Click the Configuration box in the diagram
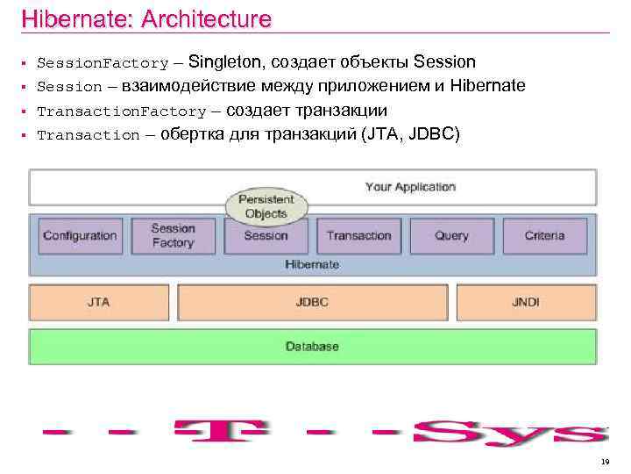pos(80,235)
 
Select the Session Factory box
pos(173,235)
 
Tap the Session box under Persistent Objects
pos(266,235)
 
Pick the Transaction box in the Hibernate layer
pos(358,235)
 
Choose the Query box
pos(451,235)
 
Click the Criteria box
pos(544,235)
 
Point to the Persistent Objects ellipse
pos(266,206)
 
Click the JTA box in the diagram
pos(98,302)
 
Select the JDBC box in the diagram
pos(312,302)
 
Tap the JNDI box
pos(526,302)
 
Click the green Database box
pos(312,347)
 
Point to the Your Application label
pos(410,187)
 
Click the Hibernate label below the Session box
pos(312,264)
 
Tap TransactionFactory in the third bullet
pos(121,111)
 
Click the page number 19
pos(605,462)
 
